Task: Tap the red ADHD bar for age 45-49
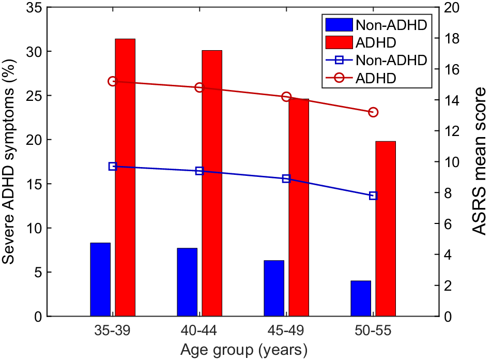coord(299,207)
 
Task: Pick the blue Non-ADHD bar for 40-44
coord(187,282)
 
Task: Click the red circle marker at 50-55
coord(373,112)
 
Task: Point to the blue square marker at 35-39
coord(113,167)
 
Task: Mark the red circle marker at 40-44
coord(200,87)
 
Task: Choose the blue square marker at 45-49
coord(286,178)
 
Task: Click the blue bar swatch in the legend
coord(336,24)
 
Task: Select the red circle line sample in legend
coord(336,78)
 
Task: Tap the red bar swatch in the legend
coord(336,42)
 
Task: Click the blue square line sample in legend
coord(336,60)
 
